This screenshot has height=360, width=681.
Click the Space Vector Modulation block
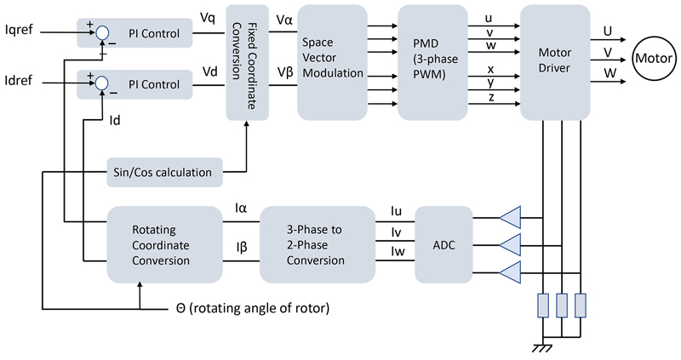coord(332,60)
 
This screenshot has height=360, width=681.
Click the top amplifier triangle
coord(510,217)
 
